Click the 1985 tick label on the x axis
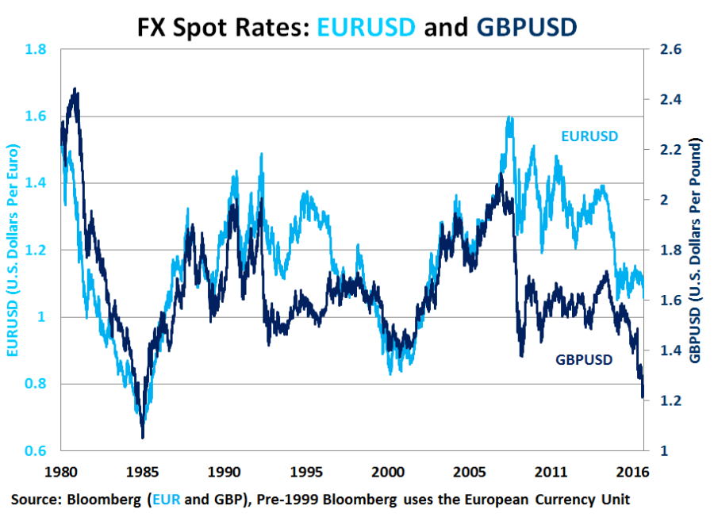point(143,470)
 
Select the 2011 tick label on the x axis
point(554,470)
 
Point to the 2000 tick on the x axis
point(390,470)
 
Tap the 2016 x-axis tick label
point(635,470)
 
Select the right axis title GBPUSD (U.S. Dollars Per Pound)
point(696,251)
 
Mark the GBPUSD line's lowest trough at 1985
point(143,436)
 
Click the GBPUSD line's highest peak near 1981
point(75,90)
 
